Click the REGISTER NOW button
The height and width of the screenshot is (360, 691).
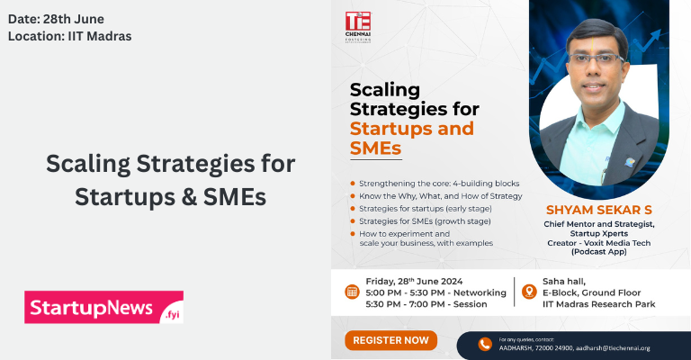[390, 340]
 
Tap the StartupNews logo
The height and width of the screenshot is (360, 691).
[103, 307]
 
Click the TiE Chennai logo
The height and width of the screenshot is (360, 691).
[357, 27]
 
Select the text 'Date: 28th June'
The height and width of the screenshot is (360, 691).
[55, 17]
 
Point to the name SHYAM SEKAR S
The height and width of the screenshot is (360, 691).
[598, 209]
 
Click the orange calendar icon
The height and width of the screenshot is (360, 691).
[352, 292]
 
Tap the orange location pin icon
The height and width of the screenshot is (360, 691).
[527, 292]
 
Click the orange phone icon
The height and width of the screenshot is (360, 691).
[485, 344]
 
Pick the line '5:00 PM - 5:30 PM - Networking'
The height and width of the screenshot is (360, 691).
[428, 292]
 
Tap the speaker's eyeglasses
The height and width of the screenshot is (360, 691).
[594, 59]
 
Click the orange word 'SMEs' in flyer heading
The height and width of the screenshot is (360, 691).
[375, 148]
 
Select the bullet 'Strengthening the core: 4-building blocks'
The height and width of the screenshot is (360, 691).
[435, 183]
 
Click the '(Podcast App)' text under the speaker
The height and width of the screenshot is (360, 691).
[598, 252]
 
